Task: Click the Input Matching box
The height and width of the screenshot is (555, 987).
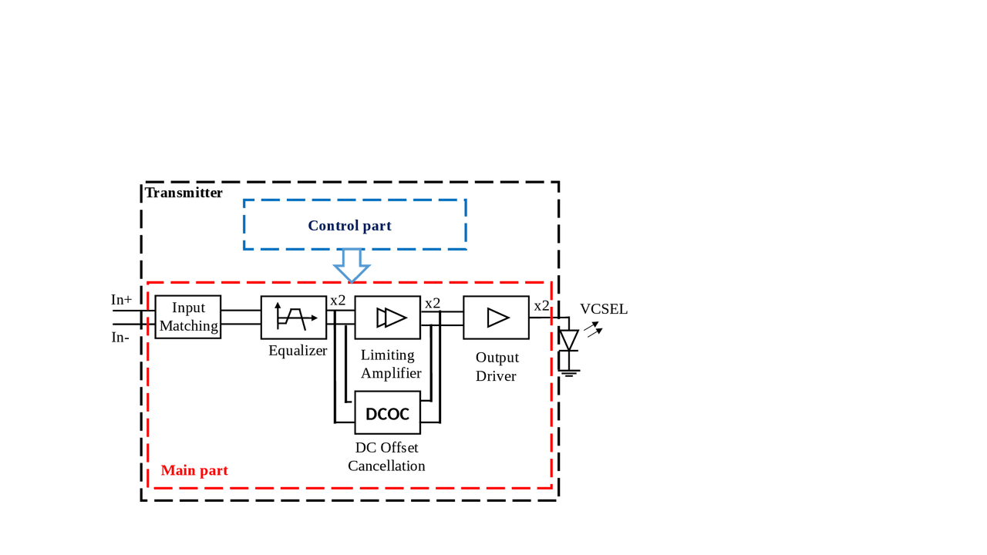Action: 187,317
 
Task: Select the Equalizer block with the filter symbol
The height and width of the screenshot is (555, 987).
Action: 294,317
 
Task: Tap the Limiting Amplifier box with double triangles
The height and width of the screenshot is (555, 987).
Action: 388,317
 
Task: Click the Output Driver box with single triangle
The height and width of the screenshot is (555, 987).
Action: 496,317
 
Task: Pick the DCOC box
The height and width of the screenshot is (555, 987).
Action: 387,413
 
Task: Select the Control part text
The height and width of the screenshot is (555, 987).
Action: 349,226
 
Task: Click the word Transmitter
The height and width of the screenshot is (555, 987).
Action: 184,193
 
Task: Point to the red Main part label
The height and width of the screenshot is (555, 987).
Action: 194,470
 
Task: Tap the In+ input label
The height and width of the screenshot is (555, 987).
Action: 121,300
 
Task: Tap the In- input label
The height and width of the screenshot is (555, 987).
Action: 120,337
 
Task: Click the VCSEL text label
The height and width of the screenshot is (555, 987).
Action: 604,309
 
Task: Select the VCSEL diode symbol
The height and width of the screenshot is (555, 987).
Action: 568,340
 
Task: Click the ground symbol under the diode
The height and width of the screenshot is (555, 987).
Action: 569,372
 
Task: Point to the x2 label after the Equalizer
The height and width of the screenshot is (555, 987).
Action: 338,301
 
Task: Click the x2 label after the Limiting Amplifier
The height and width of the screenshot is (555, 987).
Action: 433,303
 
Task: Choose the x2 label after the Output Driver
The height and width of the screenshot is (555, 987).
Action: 541,305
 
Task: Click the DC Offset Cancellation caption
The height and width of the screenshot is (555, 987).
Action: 386,456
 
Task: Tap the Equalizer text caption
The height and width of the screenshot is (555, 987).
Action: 298,351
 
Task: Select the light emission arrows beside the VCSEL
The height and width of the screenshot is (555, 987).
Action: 592,330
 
